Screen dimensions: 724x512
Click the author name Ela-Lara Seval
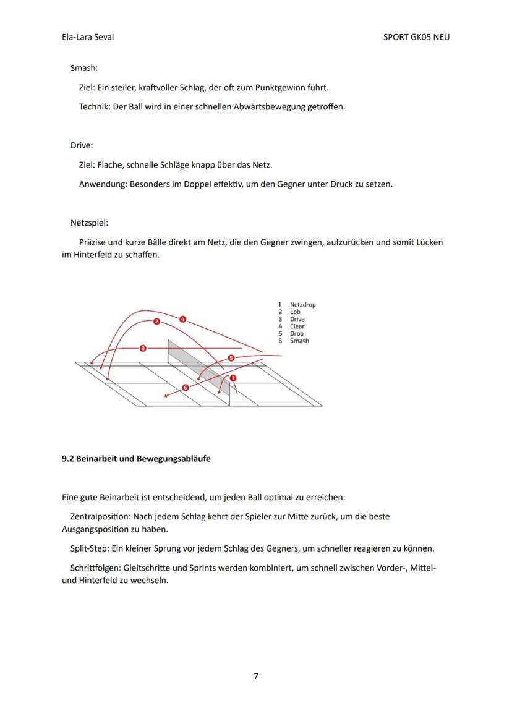click(x=88, y=37)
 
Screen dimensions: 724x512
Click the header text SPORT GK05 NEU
click(x=416, y=37)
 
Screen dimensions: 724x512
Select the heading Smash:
click(x=84, y=68)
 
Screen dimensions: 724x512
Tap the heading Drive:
click(x=82, y=145)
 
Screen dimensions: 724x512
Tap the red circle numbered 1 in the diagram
click(x=233, y=378)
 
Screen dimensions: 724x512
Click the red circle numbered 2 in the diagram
click(x=156, y=322)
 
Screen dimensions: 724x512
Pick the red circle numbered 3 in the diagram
click(x=143, y=348)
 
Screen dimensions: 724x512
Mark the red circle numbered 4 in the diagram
click(x=182, y=319)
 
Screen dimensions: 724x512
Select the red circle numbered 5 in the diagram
click(x=231, y=358)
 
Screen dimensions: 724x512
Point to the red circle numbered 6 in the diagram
click(x=185, y=387)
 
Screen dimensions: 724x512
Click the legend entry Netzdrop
click(x=302, y=305)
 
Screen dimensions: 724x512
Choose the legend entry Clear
click(x=297, y=326)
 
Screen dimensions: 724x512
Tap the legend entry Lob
click(x=295, y=312)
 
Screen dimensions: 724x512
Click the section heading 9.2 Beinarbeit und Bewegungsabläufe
click(x=136, y=459)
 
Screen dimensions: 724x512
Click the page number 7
click(x=256, y=676)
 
